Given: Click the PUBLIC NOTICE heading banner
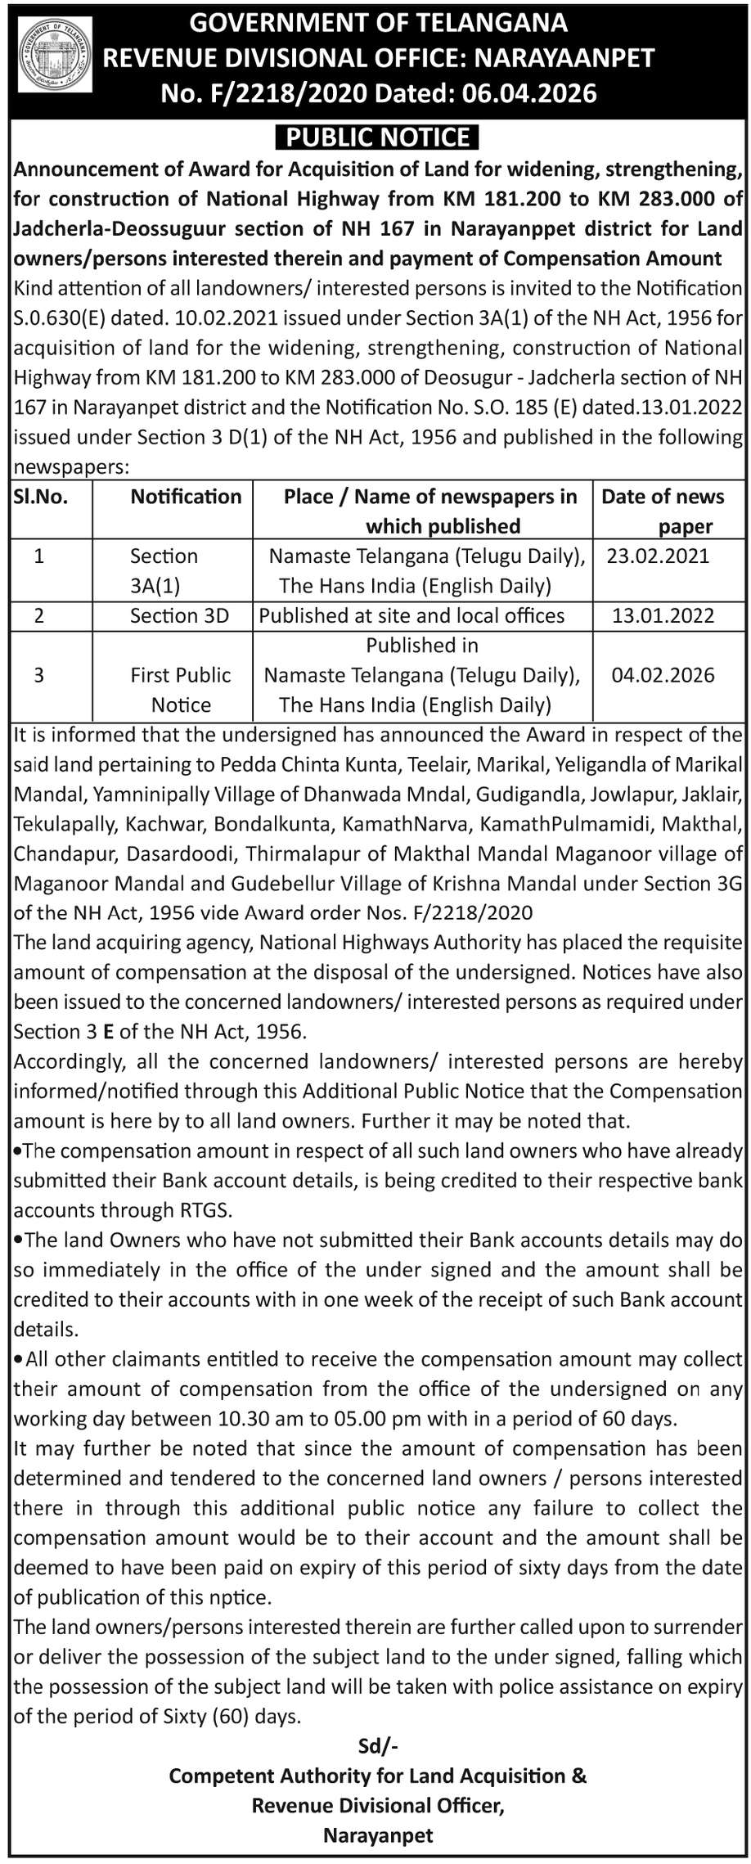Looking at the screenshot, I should point(377,137).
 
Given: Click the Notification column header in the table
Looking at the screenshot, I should point(186,497).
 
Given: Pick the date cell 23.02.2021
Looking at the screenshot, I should point(658,556).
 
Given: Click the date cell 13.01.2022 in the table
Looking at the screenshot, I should point(663,616).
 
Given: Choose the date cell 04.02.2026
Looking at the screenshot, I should point(663,675).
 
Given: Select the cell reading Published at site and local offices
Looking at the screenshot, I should point(411,616).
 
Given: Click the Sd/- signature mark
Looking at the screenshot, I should point(378,1746).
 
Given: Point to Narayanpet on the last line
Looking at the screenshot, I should point(378,1835).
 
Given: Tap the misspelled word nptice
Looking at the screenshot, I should point(240,1597).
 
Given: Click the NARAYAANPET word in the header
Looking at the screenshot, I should point(564,58).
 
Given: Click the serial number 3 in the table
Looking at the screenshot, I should point(38,675).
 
